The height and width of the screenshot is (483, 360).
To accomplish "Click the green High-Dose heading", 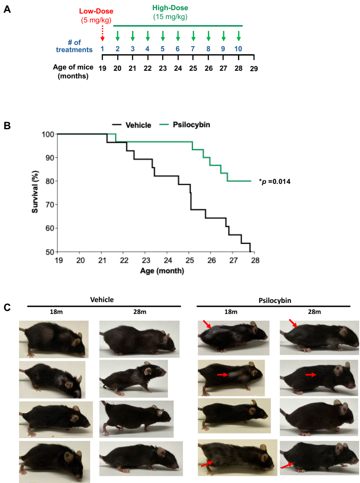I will coord(170,8).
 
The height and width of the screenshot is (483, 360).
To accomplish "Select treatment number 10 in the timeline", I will coord(238,49).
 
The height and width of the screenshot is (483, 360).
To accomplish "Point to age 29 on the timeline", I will coord(254,68).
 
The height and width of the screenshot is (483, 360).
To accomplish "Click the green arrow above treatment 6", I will coord(178,36).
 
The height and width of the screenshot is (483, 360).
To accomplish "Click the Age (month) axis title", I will coord(162,270).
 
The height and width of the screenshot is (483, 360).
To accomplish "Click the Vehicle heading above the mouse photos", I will coord(102,300).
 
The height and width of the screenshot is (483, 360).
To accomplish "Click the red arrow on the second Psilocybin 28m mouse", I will coord(311,375).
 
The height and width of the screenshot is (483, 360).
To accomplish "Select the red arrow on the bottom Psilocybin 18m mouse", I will coord(206,464).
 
